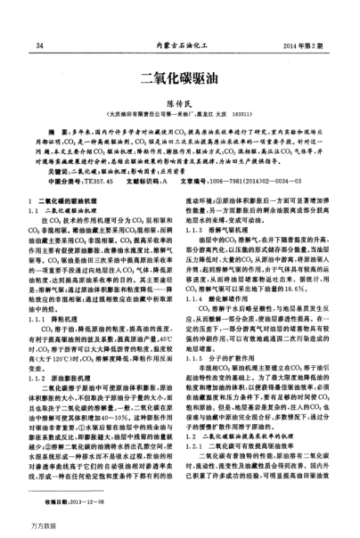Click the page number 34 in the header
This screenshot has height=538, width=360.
tap(41, 44)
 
